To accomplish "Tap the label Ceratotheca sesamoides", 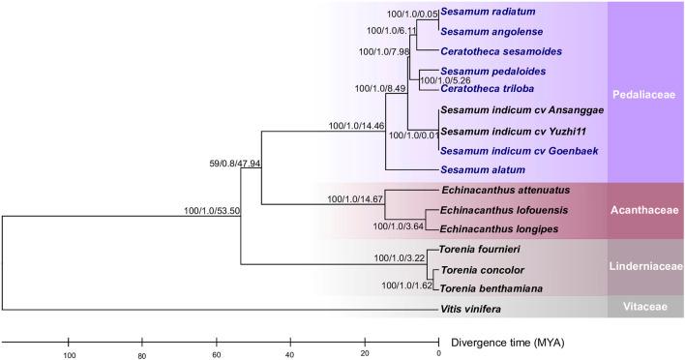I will [x=499, y=50].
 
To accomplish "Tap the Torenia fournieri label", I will [x=477, y=249].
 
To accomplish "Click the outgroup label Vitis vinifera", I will [x=470, y=309].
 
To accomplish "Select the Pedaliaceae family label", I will [x=644, y=95].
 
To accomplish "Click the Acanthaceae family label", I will [x=644, y=211].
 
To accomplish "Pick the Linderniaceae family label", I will [x=644, y=266].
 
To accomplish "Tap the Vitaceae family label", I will [x=644, y=306].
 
